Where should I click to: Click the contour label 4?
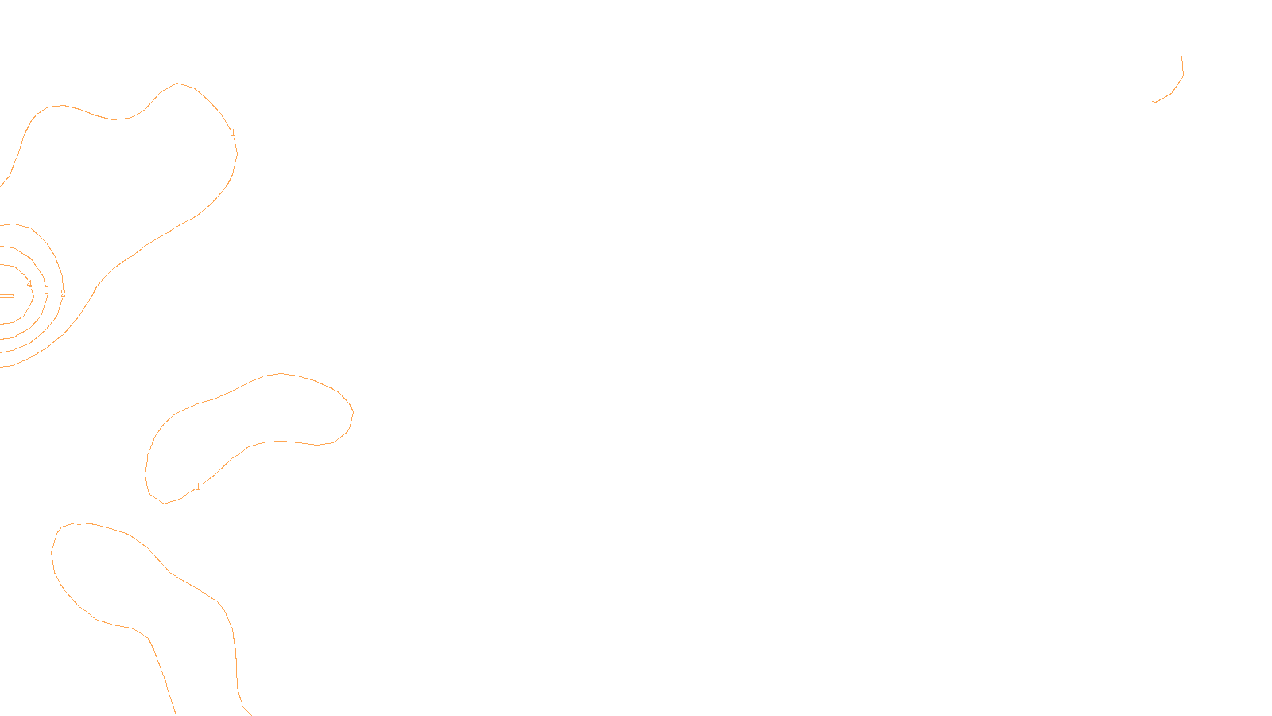[29, 284]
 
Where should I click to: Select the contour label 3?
[46, 290]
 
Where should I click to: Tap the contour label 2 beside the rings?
[63, 294]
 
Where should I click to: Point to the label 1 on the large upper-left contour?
[233, 133]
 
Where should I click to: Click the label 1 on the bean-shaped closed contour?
[198, 486]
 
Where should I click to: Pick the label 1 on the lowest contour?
[79, 522]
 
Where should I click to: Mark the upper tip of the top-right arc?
[1182, 56]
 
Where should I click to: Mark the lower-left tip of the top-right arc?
[1154, 102]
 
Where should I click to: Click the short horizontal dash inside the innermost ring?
[6, 295]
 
